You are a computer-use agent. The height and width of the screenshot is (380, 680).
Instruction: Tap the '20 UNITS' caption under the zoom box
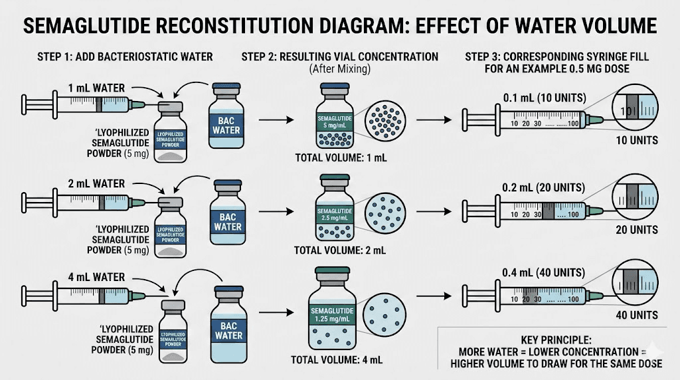click(636, 230)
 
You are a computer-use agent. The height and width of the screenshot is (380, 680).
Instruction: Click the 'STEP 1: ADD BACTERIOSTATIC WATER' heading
click(126, 56)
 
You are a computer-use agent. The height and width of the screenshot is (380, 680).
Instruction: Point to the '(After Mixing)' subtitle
click(339, 69)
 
